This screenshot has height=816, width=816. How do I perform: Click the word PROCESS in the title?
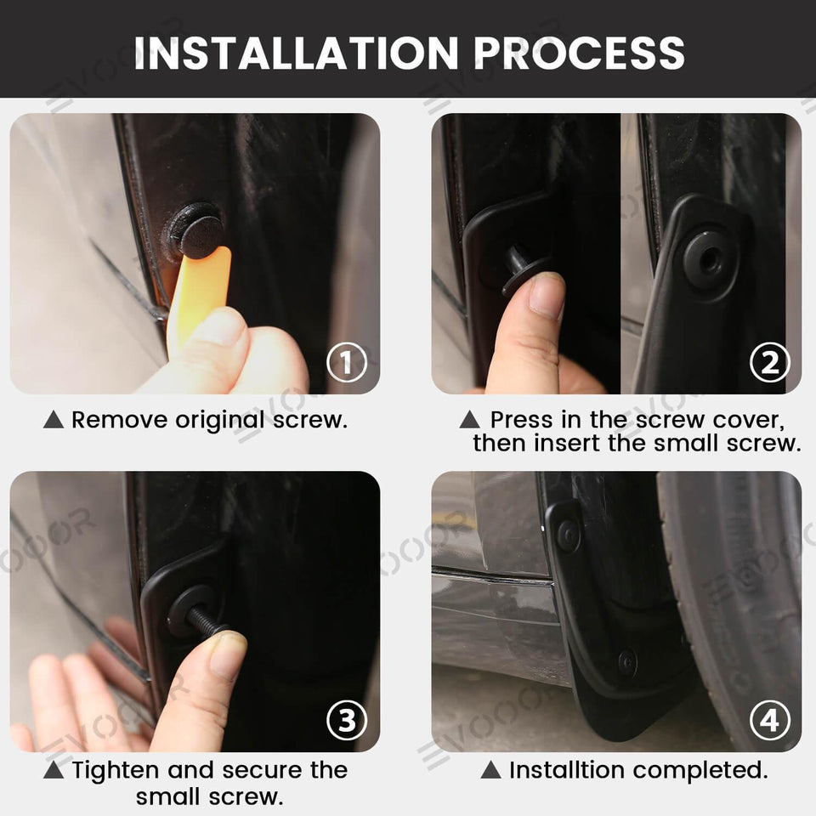pos(579,53)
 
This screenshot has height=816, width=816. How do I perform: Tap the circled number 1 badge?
pos(347,364)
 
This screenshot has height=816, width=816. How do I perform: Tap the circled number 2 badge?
pos(769,364)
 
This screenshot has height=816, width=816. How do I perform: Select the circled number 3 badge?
pos(347,722)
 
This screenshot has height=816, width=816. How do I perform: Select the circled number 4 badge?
pos(769,722)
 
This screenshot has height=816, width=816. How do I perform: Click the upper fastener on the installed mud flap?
pos(567,535)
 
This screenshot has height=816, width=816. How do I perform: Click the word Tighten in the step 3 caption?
pos(116,771)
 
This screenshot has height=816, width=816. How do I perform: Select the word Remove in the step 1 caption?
pos(119,420)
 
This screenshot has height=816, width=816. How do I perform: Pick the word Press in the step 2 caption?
pos(521,420)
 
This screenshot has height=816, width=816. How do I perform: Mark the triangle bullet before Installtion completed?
pos(490,771)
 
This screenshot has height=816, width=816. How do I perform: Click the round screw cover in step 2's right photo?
pos(706,258)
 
